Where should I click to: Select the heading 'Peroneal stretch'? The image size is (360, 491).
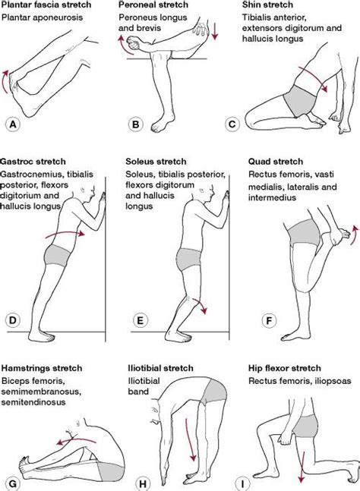pos(158,5)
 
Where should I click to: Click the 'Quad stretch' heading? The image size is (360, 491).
pos(276,161)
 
